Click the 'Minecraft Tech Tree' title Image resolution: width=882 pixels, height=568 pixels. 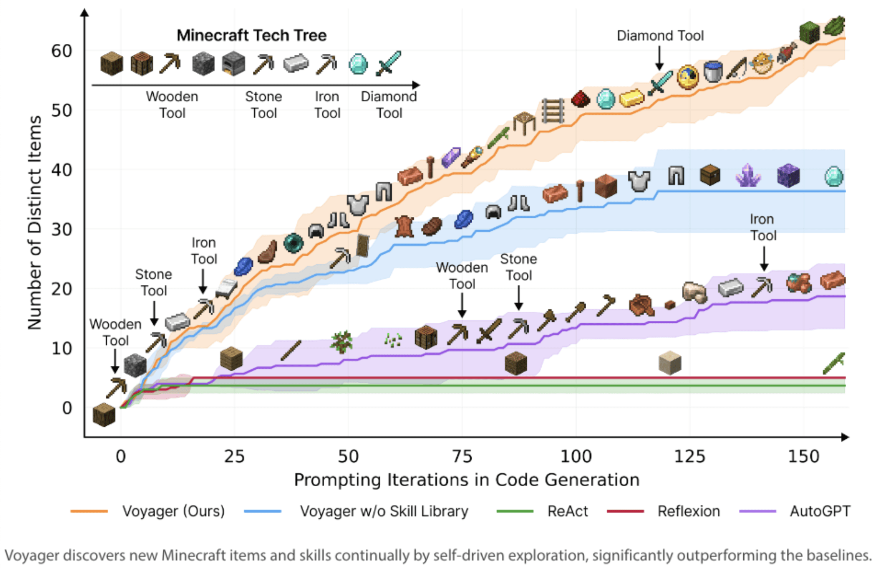[251, 35]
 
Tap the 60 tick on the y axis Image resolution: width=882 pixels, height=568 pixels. [61, 51]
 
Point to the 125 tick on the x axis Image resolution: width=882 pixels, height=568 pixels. [690, 457]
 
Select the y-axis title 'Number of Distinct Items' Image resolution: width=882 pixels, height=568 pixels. [35, 223]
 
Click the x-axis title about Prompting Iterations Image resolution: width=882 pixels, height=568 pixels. [466, 480]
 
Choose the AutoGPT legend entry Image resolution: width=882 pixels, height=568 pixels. [820, 511]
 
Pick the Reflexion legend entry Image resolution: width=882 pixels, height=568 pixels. [688, 511]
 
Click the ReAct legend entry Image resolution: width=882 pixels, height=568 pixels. [567, 511]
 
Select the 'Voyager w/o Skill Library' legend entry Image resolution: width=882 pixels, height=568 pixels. [384, 511]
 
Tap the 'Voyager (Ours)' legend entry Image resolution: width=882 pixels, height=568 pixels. [173, 511]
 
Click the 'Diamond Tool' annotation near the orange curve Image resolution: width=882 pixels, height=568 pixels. [660, 36]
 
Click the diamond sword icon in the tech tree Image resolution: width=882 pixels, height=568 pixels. [388, 63]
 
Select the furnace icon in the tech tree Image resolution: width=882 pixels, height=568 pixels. [233, 64]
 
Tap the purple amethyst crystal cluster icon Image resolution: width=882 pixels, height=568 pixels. [748, 176]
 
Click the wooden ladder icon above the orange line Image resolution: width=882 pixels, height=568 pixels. [553, 111]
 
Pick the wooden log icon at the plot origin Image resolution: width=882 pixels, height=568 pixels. [104, 415]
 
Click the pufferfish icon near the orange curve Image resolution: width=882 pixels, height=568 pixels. [762, 63]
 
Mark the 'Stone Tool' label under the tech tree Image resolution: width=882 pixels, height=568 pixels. [264, 105]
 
